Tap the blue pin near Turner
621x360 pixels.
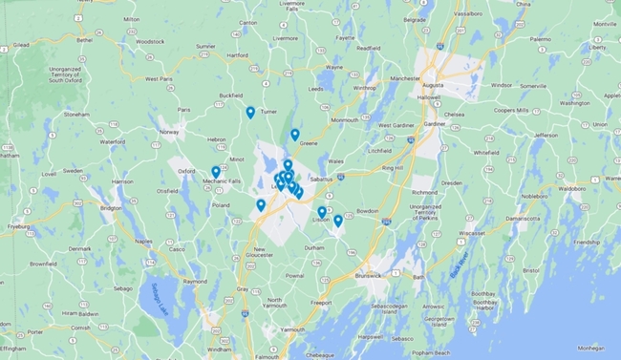250,113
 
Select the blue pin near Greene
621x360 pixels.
295,135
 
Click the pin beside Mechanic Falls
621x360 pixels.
216,172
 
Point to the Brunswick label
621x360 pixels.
366,275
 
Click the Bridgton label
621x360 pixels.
112,207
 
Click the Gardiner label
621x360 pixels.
435,124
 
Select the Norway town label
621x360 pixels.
169,131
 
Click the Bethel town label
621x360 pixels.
85,40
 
